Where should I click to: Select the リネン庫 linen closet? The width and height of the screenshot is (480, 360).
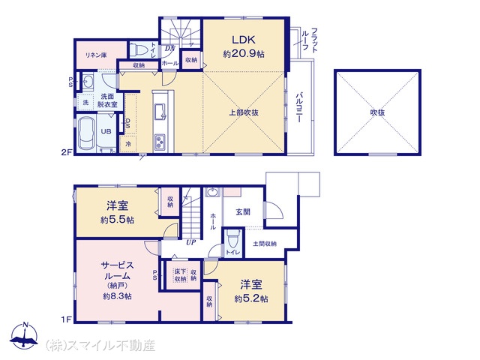click(94, 54)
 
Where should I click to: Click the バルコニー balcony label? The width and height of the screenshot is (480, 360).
click(299, 109)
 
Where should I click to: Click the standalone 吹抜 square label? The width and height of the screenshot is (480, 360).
click(377, 112)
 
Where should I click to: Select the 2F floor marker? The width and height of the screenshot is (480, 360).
click(65, 153)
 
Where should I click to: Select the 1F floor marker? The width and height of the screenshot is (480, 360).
click(65, 319)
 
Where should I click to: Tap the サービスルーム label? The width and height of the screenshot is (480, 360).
click(118, 270)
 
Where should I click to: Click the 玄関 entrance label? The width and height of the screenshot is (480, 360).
click(243, 212)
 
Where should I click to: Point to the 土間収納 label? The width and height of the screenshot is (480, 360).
click(264, 243)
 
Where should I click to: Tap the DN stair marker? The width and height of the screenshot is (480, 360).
click(170, 50)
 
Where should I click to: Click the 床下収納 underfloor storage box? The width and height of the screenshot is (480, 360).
click(180, 275)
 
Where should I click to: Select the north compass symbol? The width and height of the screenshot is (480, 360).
click(26, 336)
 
